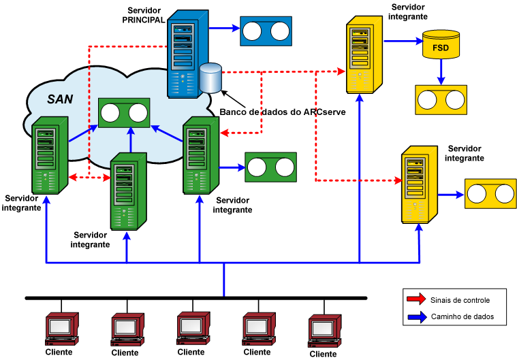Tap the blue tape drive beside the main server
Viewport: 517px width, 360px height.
266,31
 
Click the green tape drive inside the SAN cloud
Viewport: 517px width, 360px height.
123,112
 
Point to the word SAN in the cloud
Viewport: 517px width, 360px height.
60,99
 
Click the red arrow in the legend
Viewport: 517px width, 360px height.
415,299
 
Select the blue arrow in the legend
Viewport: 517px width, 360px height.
415,316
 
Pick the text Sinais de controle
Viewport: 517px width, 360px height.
460,299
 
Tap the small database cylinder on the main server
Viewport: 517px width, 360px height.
211,77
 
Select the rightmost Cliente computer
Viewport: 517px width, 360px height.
324,330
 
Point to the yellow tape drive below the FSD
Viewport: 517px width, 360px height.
441,99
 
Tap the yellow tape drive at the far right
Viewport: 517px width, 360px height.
489,193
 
